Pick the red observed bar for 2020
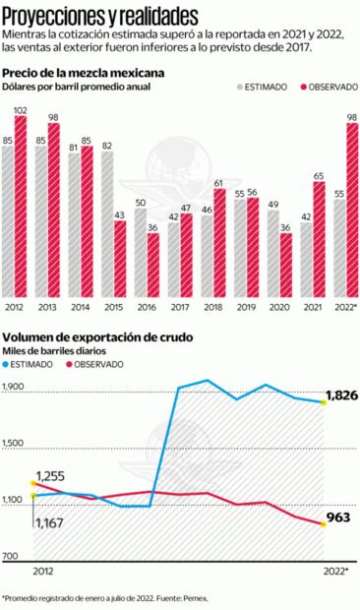click(x=285, y=265)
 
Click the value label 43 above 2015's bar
click(x=119, y=214)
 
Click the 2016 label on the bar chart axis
click(x=146, y=308)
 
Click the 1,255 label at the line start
click(x=50, y=477)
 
